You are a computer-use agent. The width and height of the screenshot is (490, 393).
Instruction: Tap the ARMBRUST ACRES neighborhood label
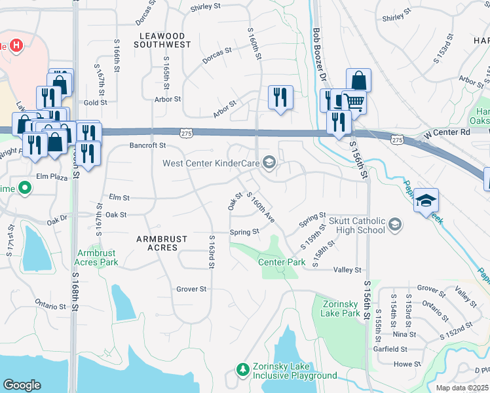(162, 244)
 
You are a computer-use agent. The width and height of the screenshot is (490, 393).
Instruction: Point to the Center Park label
(282, 262)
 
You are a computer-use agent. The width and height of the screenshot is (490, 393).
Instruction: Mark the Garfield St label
(409, 349)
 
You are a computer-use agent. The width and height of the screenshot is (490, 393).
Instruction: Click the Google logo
(22, 384)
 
